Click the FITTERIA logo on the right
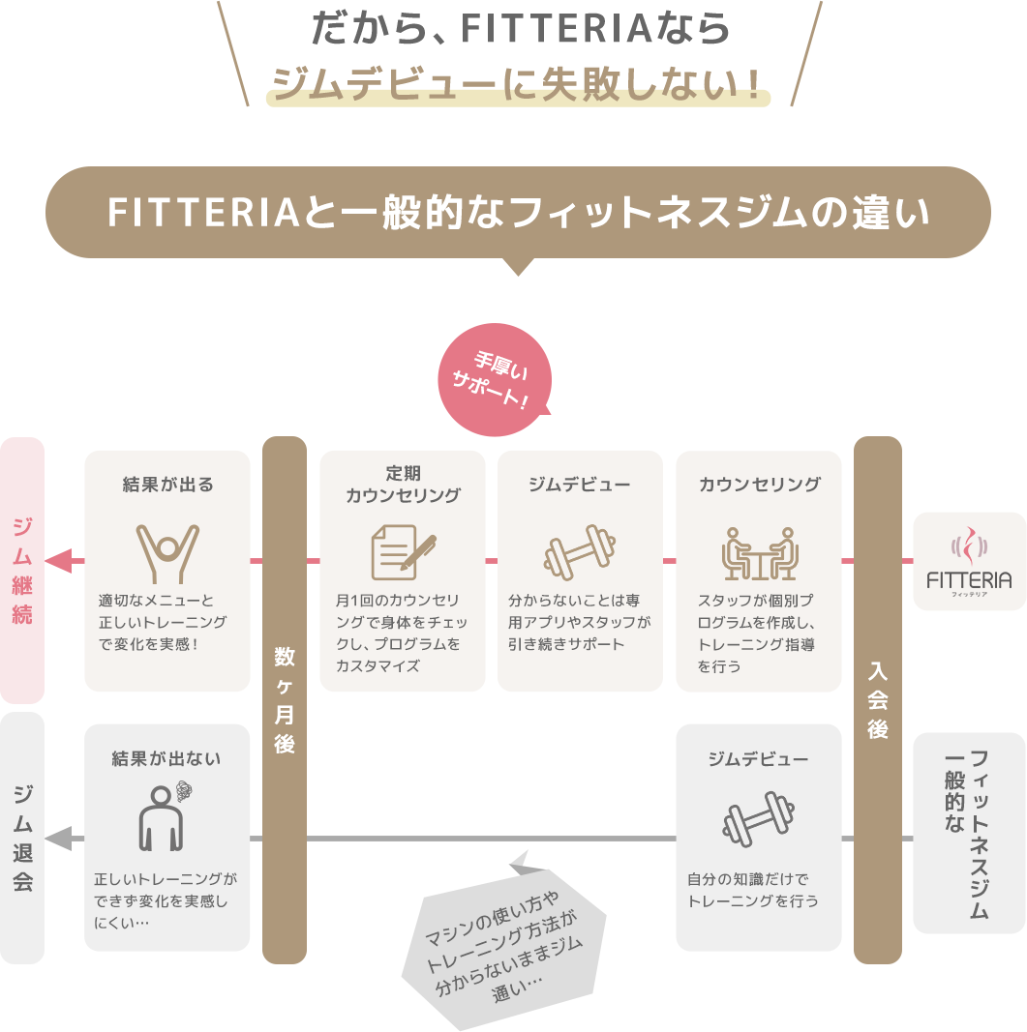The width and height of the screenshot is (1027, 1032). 969,562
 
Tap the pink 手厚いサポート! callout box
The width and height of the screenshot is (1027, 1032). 494,380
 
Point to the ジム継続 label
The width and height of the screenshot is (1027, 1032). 22,571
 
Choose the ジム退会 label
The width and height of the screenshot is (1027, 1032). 22,838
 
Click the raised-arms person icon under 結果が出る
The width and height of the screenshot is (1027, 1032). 166,554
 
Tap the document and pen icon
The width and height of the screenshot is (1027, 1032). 403,552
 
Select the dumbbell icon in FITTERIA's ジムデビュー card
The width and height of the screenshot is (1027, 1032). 579,552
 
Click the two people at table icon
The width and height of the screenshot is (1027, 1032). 759,552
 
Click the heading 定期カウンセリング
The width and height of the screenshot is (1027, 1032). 403,485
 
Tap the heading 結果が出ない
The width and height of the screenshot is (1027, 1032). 166,759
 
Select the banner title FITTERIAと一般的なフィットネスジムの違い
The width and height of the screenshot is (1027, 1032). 518,213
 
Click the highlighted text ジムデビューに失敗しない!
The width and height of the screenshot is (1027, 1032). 518,85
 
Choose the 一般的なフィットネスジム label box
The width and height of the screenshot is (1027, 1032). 969,834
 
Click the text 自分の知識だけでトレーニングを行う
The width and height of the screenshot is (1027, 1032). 752,890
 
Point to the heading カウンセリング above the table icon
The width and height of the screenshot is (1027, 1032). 759,485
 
